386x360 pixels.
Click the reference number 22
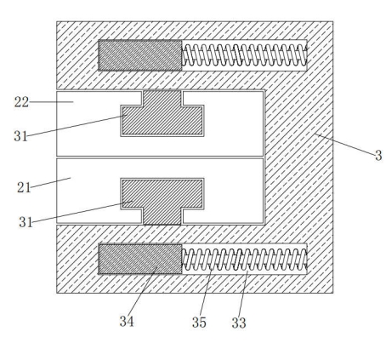[x=21, y=102]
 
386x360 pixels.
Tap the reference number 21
[x=24, y=187]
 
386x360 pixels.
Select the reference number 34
[x=127, y=322]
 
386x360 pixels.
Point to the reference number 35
[x=199, y=323]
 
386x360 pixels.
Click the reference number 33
[x=239, y=323]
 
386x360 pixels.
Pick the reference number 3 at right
[x=378, y=156]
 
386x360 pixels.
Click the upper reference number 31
[x=20, y=136]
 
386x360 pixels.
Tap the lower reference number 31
[x=26, y=222]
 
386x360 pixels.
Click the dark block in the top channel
[x=140, y=55]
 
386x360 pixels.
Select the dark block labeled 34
[x=140, y=259]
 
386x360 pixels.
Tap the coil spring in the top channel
[x=244, y=55]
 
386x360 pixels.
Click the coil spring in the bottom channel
[x=244, y=260]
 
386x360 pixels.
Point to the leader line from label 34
[x=143, y=290]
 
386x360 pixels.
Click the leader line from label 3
[x=344, y=145]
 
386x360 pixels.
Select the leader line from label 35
[x=206, y=291]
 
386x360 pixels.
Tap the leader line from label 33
[x=243, y=294]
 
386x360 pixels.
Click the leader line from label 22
[x=52, y=102]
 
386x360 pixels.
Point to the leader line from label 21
[x=51, y=183]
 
